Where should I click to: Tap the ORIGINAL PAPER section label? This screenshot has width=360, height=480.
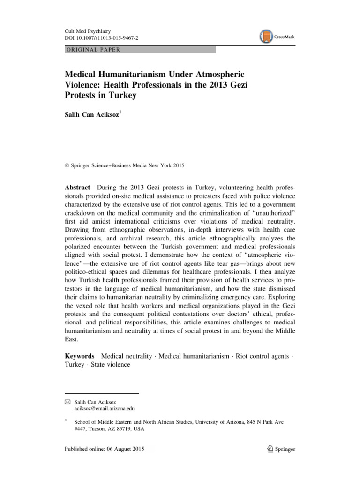[x=93, y=50]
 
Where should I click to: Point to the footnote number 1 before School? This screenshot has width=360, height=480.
[x=66, y=420]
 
